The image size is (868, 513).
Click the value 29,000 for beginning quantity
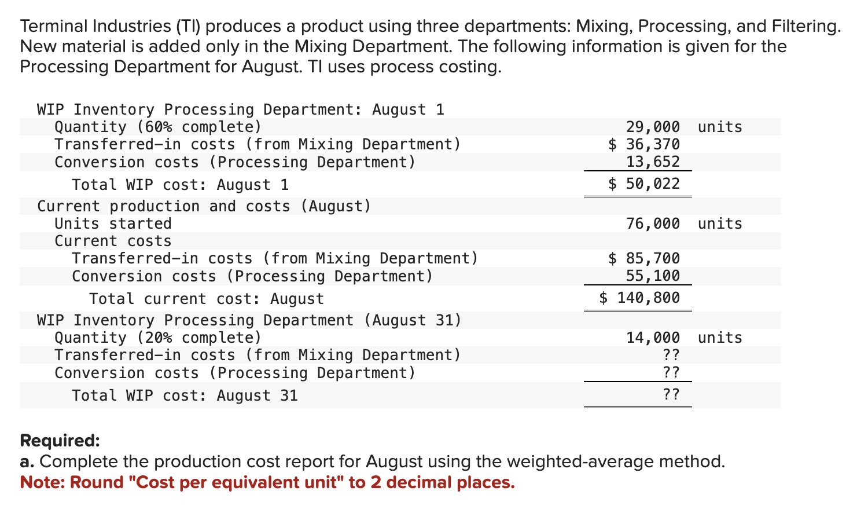pyautogui.click(x=653, y=127)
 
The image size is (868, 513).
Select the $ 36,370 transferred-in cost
pyautogui.click(x=644, y=144)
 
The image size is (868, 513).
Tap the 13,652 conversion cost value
pyautogui.click(x=653, y=162)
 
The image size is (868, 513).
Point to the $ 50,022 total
pyautogui.click(x=644, y=184)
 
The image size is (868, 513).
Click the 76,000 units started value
pyautogui.click(x=653, y=223)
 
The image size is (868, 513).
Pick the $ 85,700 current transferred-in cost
pyautogui.click(x=644, y=258)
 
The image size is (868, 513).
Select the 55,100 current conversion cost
pyautogui.click(x=653, y=276)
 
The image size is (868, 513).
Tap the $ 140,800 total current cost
pyautogui.click(x=639, y=298)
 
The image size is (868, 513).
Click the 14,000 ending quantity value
pyautogui.click(x=653, y=338)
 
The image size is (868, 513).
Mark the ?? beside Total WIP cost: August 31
pyautogui.click(x=671, y=395)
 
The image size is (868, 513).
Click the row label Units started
pyautogui.click(x=113, y=223)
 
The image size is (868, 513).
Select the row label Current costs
pyautogui.click(x=113, y=241)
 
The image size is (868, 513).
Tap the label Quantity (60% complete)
pyautogui.click(x=157, y=127)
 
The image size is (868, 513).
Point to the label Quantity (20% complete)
pyautogui.click(x=157, y=338)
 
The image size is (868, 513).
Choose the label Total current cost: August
pyautogui.click(x=207, y=299)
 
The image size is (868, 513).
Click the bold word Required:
pyautogui.click(x=60, y=441)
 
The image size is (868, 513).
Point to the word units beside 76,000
pyautogui.click(x=720, y=223)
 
